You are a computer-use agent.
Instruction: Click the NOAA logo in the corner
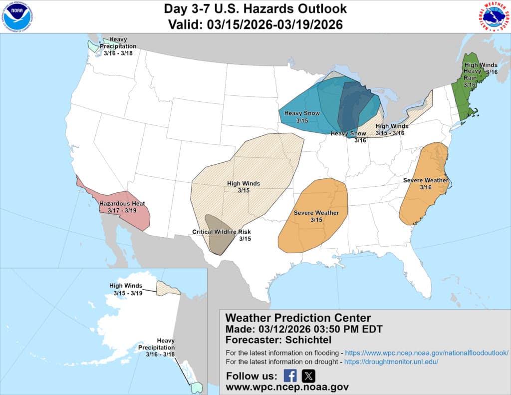(x=17, y=17)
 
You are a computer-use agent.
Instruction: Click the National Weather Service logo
(x=494, y=17)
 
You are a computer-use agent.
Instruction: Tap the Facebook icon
(x=290, y=376)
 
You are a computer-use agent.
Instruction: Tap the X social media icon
(x=308, y=376)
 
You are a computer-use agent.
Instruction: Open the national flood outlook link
(x=427, y=353)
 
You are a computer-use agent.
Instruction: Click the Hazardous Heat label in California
(x=122, y=204)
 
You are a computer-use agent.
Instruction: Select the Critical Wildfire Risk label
(x=222, y=232)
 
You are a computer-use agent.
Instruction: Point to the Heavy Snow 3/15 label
(x=302, y=114)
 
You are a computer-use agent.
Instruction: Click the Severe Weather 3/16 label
(x=426, y=180)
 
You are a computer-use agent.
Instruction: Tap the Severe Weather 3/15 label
(x=316, y=213)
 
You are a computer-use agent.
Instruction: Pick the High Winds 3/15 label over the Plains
(x=244, y=184)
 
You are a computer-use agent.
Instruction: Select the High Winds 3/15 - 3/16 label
(x=391, y=126)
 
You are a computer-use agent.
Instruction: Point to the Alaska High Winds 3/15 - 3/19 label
(x=126, y=286)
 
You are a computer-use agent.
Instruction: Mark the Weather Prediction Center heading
(x=298, y=318)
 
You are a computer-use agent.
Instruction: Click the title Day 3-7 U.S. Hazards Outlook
(x=255, y=9)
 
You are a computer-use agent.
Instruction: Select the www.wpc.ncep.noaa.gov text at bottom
(x=287, y=387)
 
